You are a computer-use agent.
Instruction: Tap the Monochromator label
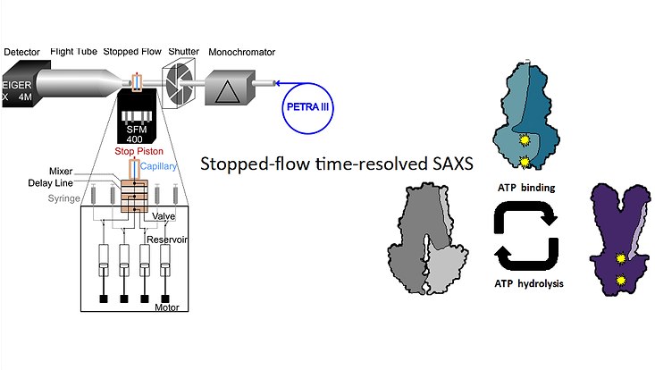(x=240, y=52)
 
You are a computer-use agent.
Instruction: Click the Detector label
(x=21, y=52)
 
